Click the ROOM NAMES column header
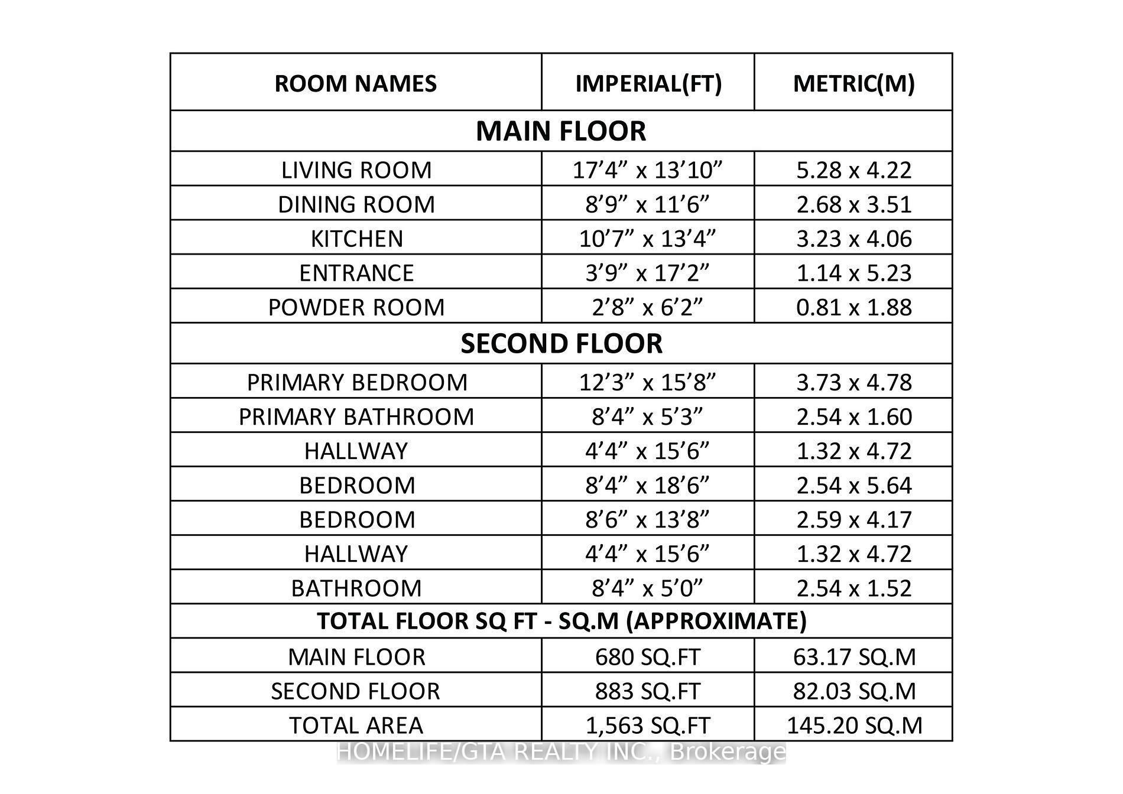point(356,83)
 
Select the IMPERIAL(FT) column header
point(648,83)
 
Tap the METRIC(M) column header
point(853,83)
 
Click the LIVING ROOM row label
point(356,170)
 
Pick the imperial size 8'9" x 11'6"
point(648,204)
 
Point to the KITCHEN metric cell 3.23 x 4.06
point(853,239)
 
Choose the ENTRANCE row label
point(356,273)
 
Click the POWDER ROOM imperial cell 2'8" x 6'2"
point(648,307)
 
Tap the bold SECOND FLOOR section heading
point(561,344)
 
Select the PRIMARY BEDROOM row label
point(356,382)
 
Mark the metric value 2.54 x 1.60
point(853,416)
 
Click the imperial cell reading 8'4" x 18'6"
point(648,485)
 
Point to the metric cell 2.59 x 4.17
point(853,519)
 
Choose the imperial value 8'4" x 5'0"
point(648,588)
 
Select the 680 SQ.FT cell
point(648,657)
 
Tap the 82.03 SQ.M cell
point(853,691)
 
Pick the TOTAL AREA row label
point(356,725)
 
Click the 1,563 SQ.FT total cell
point(648,725)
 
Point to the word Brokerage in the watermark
point(728,752)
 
